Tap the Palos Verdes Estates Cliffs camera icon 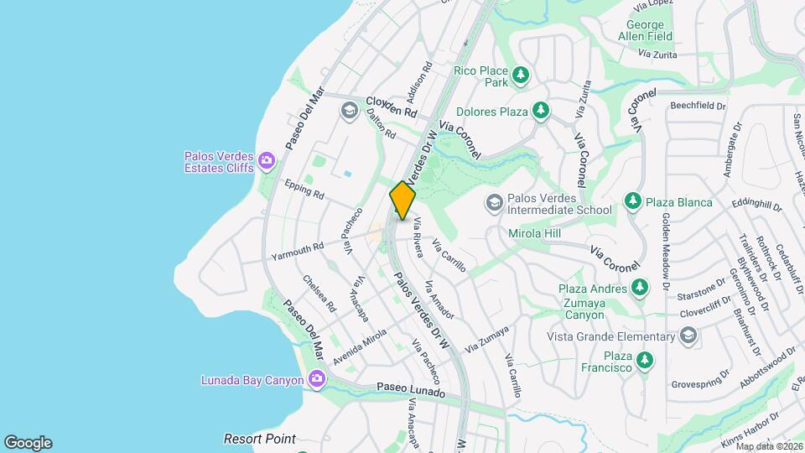[267, 160]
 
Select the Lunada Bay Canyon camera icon [316, 379]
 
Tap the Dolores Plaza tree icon [541, 111]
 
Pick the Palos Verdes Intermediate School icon [495, 202]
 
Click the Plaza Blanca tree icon [632, 202]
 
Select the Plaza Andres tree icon [640, 289]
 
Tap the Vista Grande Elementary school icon [688, 336]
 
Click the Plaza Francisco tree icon [644, 360]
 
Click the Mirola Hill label [534, 233]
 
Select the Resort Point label [259, 439]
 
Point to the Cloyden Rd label [391, 107]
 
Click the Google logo [28, 443]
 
